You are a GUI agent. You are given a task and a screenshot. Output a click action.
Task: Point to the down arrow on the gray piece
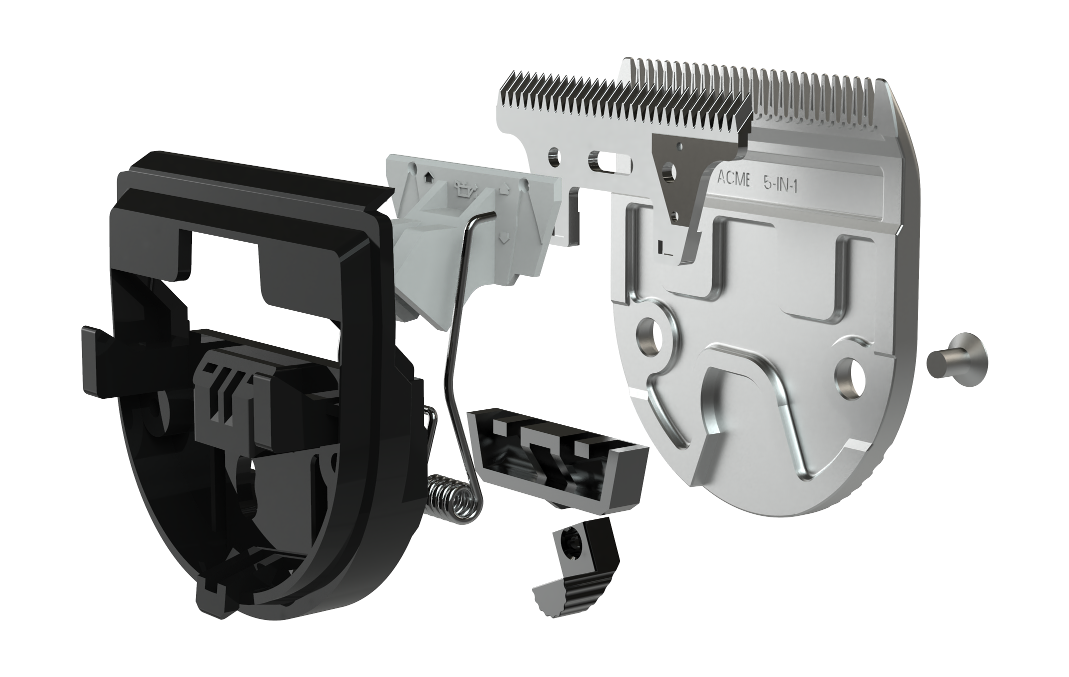coord(504,238)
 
